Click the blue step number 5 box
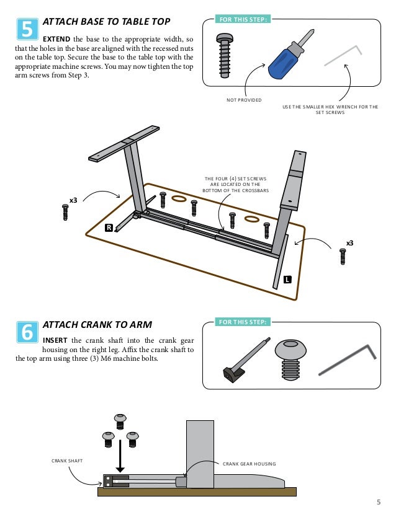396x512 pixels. tap(27, 29)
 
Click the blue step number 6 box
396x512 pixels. tap(27, 332)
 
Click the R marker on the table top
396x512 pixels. tap(109, 227)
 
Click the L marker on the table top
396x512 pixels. tap(287, 279)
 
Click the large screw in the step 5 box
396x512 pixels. tap(224, 56)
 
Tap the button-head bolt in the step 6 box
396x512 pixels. tap(290, 360)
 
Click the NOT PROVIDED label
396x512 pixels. tap(244, 100)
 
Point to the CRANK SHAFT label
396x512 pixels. tap(67, 461)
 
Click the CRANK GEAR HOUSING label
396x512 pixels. tap(249, 464)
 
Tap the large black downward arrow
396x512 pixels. tap(120, 456)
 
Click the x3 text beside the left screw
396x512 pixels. tap(73, 200)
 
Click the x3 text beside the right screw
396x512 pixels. tap(350, 243)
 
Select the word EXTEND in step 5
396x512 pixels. tap(56, 39)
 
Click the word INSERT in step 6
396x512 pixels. tap(55, 340)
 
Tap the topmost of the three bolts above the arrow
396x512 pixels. tap(120, 422)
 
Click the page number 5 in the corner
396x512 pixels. tap(379, 502)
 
